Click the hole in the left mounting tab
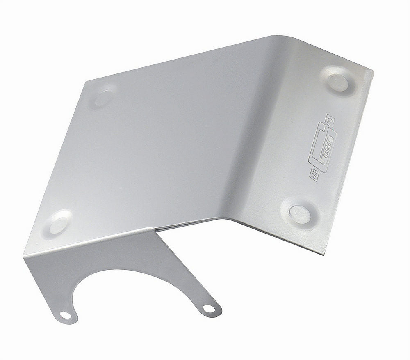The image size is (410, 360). click(x=65, y=315)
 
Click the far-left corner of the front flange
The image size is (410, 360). click(x=25, y=255)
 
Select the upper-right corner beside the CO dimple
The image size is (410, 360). click(x=371, y=71)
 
